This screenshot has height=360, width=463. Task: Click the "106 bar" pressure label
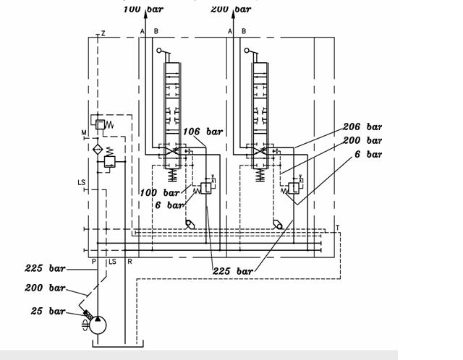click(x=203, y=131)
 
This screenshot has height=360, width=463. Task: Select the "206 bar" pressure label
click(x=362, y=127)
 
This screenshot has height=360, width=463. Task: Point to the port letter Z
click(x=103, y=33)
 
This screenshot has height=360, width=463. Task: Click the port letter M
click(x=84, y=132)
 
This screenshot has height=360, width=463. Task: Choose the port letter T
click(x=337, y=228)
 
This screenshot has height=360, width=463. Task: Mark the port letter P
click(x=93, y=260)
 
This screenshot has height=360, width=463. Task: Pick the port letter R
click(x=129, y=260)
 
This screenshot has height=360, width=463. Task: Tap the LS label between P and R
click(x=111, y=260)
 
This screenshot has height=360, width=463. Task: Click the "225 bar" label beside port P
click(x=45, y=268)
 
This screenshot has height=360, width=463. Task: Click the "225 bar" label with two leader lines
click(x=234, y=271)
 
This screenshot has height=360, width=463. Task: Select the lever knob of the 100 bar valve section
click(x=158, y=51)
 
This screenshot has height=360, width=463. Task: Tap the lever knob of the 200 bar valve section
click(x=246, y=51)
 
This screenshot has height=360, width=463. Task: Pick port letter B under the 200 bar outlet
click(x=244, y=31)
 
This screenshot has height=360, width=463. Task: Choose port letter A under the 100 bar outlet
click(x=143, y=31)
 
